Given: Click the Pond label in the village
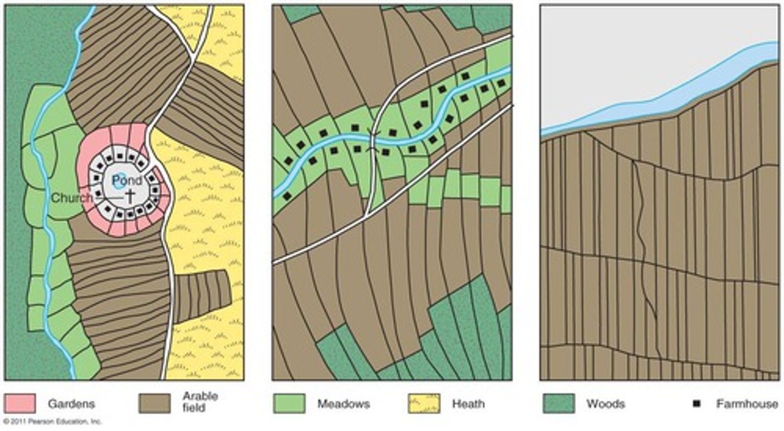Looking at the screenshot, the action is click(x=131, y=180).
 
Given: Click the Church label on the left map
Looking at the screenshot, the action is click(x=72, y=198).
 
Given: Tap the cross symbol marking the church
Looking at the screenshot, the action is click(x=131, y=198).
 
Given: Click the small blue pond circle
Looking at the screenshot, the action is click(x=119, y=182).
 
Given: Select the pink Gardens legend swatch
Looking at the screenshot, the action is click(x=20, y=403).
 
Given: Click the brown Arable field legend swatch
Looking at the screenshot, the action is click(x=154, y=403).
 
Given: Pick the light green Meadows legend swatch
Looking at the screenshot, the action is click(x=289, y=403).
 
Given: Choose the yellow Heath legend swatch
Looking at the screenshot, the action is click(x=424, y=403).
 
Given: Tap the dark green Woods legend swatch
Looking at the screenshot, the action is click(x=559, y=403).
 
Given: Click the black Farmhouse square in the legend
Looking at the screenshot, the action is click(x=695, y=404).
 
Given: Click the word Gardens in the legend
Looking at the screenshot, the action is click(x=71, y=404).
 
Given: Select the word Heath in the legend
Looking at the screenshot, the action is click(x=468, y=404).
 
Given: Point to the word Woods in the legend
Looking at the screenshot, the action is click(x=605, y=404).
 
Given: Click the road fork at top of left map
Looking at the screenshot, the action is click(x=194, y=56).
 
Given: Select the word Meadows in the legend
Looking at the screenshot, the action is click(x=344, y=404).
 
